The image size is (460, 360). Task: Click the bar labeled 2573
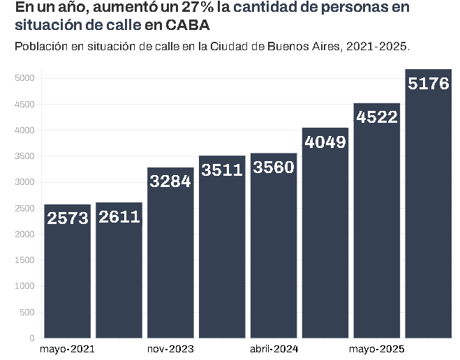click(67, 272)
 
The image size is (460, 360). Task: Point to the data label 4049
click(325, 142)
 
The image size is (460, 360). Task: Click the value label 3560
click(274, 168)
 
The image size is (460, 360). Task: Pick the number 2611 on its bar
click(119, 217)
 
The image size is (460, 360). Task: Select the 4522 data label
click(377, 117)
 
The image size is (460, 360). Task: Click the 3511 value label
click(222, 170)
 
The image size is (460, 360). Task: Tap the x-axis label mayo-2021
click(67, 348)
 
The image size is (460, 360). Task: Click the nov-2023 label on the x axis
click(170, 348)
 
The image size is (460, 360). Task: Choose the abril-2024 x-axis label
click(274, 348)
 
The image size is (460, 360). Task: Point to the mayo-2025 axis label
click(377, 348)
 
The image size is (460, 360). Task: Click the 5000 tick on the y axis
click(25, 78)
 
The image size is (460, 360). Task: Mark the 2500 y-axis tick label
click(25, 209)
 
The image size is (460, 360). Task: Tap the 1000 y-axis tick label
click(25, 287)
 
